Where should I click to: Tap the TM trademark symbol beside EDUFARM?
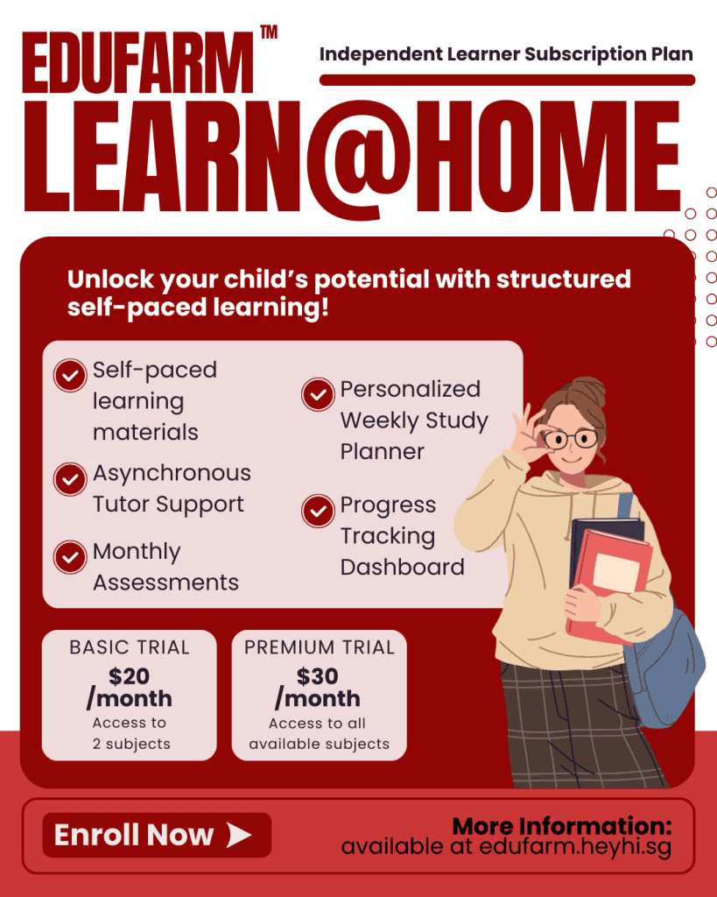[x=269, y=33]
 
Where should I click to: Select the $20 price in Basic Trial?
[x=129, y=676]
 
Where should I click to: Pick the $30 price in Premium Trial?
[x=318, y=676]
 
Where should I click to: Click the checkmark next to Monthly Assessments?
[x=69, y=557]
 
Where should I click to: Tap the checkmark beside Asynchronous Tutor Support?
[x=69, y=478]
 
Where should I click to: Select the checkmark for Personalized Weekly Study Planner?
[x=318, y=394]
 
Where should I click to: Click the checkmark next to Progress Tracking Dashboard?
[x=318, y=511]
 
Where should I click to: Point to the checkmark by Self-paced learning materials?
[x=69, y=375]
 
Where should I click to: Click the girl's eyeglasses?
[x=571, y=438]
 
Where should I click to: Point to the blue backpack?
[x=670, y=666]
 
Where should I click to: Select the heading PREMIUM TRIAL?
[x=319, y=648]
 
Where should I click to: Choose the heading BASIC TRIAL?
[x=130, y=648]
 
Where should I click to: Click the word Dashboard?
[x=402, y=567]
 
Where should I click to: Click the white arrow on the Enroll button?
[x=239, y=836]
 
